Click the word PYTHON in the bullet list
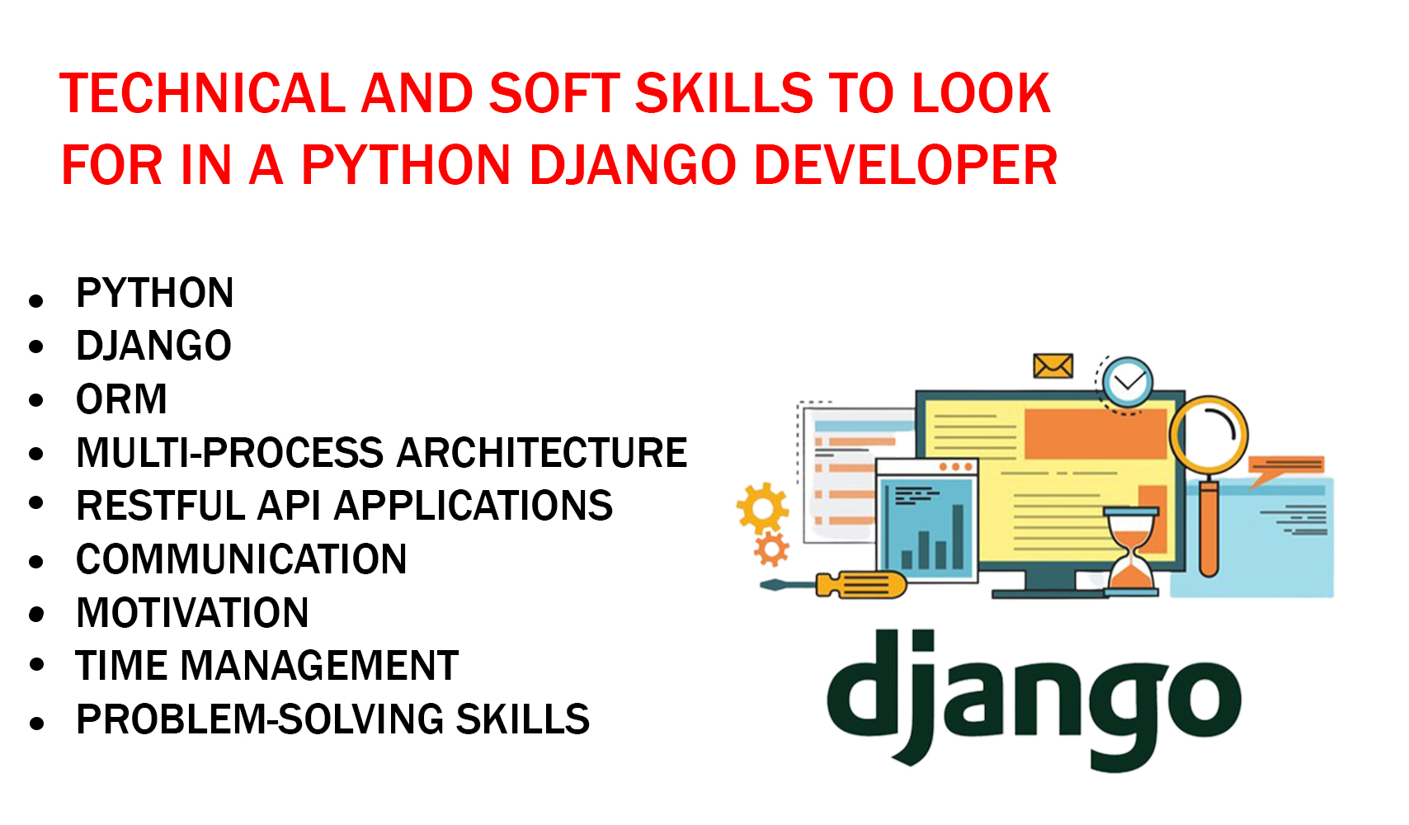(154, 293)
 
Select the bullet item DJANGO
(153, 346)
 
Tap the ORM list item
(121, 399)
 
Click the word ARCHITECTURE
(542, 453)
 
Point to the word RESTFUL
(161, 506)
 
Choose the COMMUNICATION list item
(241, 559)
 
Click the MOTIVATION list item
(192, 613)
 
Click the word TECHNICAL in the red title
(202, 92)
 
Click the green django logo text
(1033, 697)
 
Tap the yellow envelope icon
(1053, 365)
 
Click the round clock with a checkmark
(1127, 383)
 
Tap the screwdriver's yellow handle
(860, 585)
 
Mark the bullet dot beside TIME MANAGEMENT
(36, 666)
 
